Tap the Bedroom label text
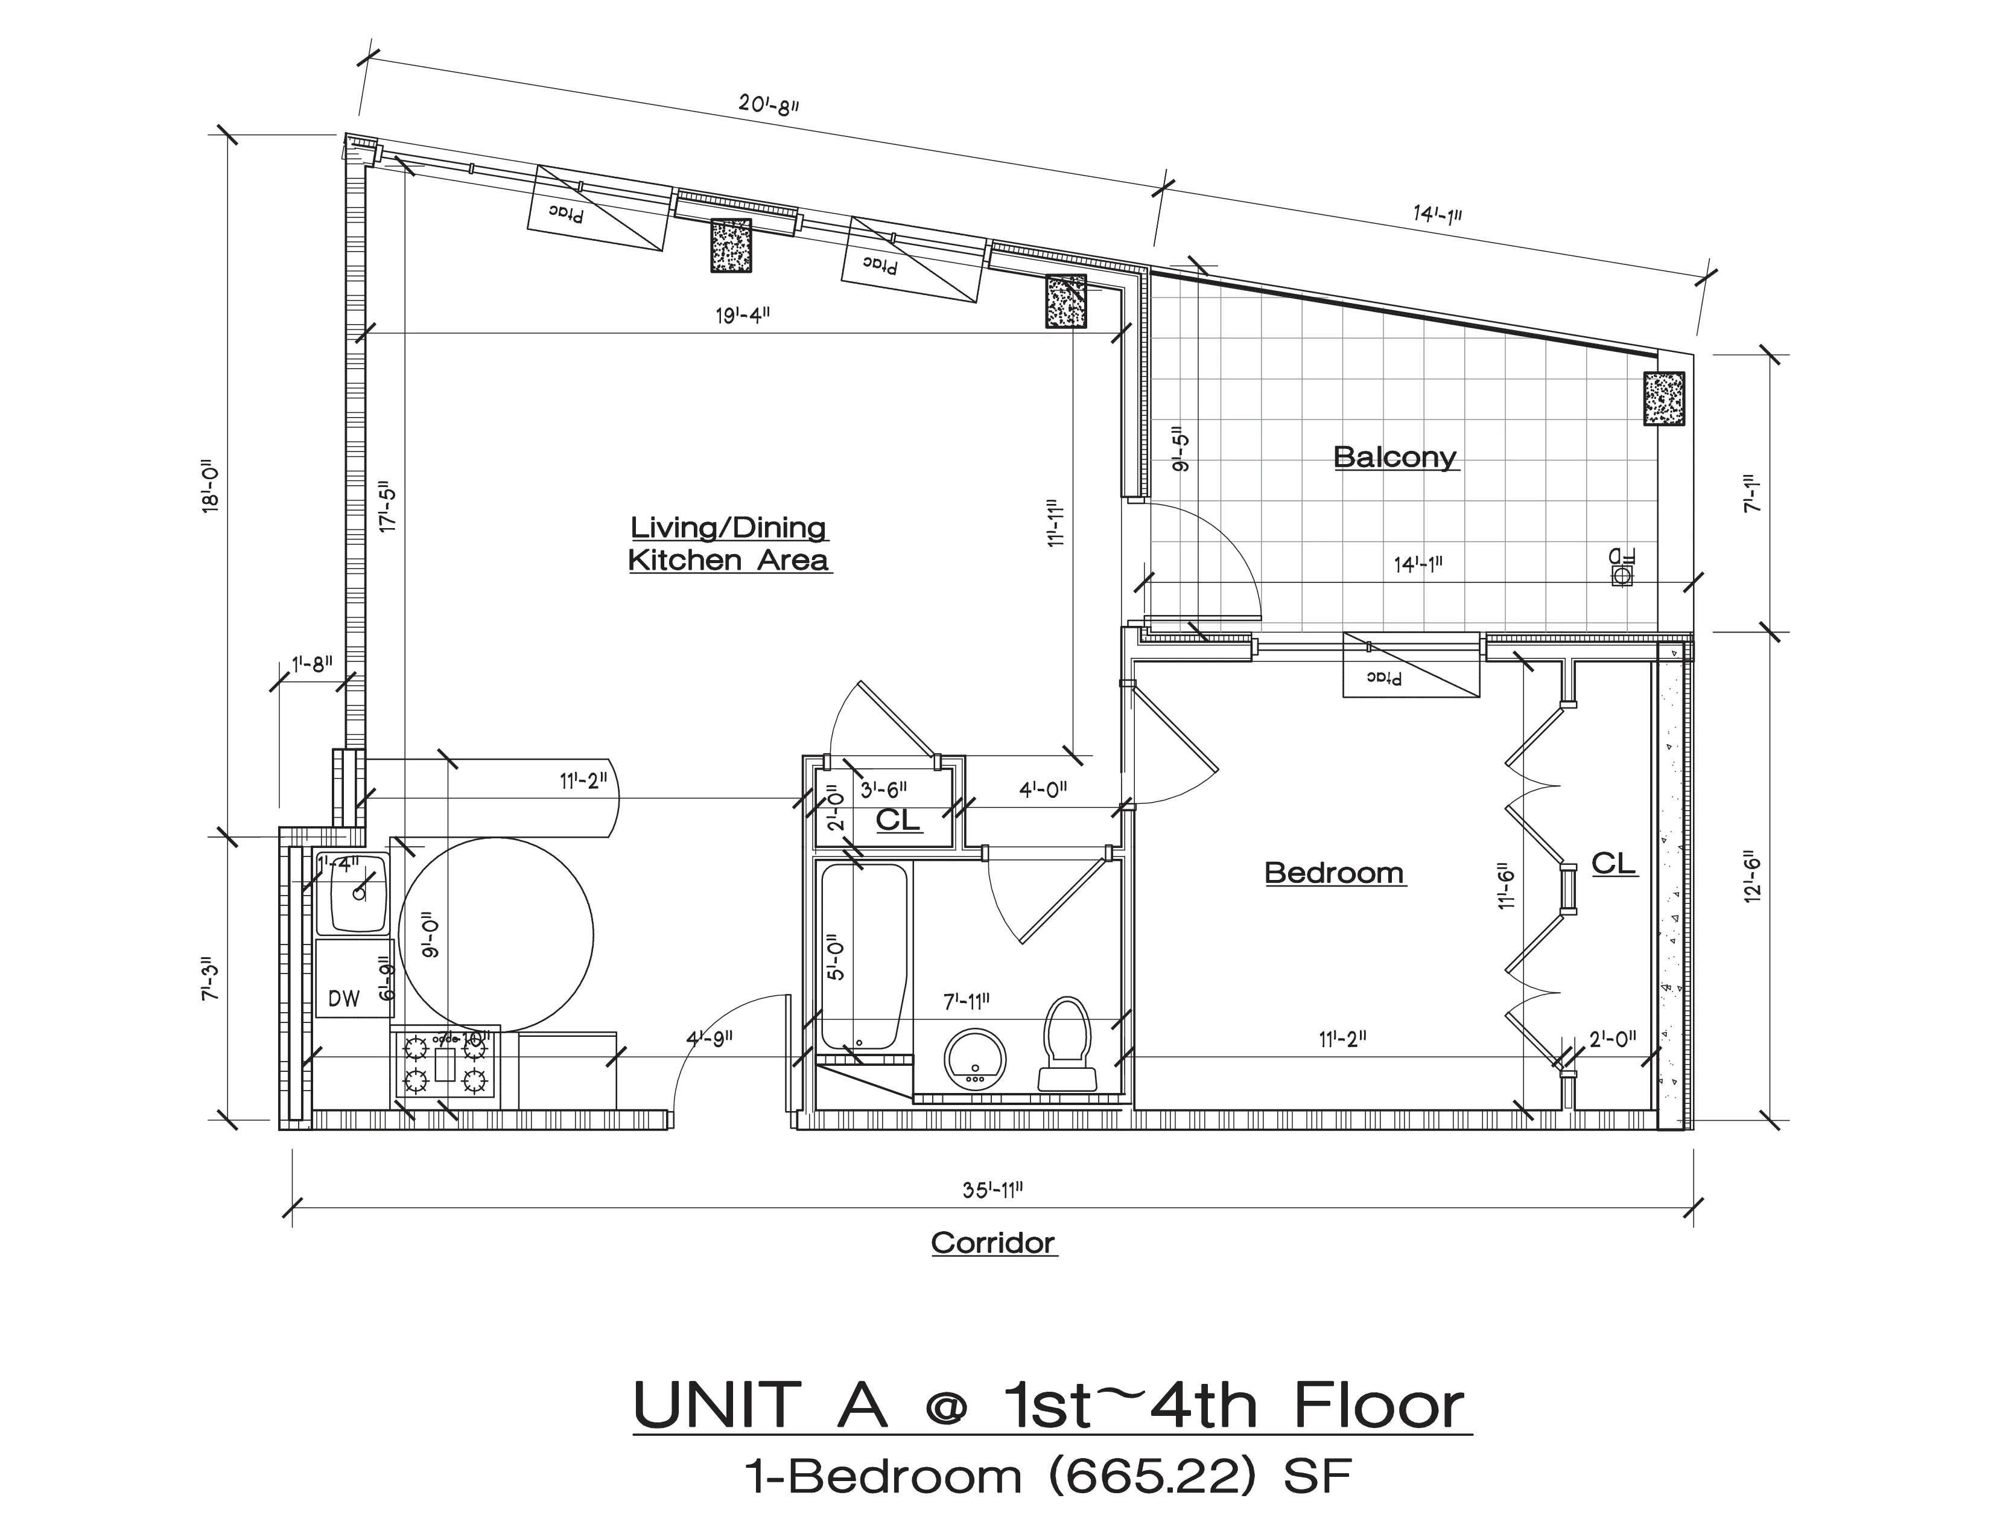click(x=1334, y=873)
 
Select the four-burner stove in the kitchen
click(x=444, y=1064)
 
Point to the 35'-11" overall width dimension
click(x=992, y=1190)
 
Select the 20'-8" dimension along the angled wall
click(x=769, y=104)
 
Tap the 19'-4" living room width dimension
click(x=743, y=316)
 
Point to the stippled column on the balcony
click(x=1664, y=398)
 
